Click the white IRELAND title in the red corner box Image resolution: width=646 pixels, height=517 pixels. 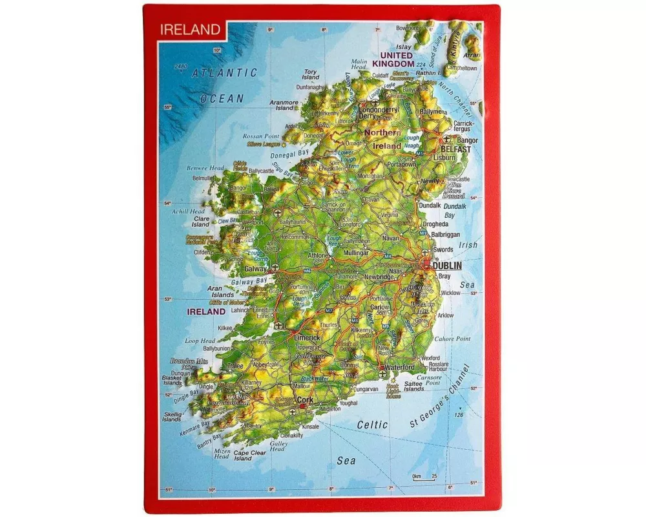(x=191, y=29)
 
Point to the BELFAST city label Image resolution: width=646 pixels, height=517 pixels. (x=457, y=149)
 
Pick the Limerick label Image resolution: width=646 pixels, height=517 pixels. (x=307, y=337)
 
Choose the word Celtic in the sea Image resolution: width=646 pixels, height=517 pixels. (x=372, y=425)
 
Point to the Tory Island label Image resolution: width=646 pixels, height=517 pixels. (x=311, y=74)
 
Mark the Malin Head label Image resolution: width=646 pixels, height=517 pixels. (x=359, y=65)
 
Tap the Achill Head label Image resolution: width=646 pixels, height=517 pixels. (x=189, y=211)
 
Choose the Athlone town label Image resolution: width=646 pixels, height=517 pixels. (x=317, y=255)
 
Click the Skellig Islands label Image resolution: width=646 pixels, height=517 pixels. (x=172, y=416)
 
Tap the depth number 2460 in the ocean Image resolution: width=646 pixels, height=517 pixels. (x=180, y=67)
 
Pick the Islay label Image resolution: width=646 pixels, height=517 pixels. (x=403, y=47)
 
